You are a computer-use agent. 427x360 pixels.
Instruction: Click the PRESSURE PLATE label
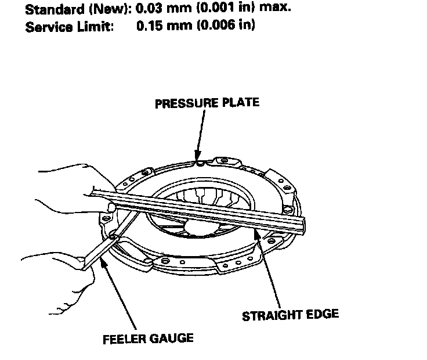[207, 103]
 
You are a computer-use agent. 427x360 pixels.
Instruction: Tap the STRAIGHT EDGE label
[290, 315]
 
